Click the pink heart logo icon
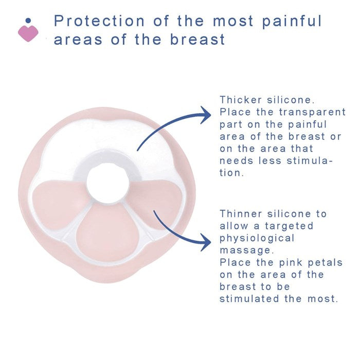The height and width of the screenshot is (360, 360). click(x=28, y=33)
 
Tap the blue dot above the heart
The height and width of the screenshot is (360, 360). click(x=28, y=21)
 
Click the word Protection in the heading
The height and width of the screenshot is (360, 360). click(x=99, y=21)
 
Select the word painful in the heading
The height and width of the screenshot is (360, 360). click(x=292, y=22)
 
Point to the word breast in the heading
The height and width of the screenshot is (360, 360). click(x=197, y=39)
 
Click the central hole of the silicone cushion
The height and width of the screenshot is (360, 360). click(x=107, y=183)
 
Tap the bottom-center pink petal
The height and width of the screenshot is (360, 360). click(x=107, y=234)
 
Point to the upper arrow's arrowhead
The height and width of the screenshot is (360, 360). click(x=206, y=115)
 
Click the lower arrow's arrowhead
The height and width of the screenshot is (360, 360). click(x=206, y=242)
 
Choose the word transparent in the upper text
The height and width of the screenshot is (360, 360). click(x=312, y=112)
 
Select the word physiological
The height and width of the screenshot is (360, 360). click(x=257, y=238)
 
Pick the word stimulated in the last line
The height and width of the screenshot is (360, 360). click(x=249, y=299)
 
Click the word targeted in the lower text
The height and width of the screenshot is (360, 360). click(x=289, y=226)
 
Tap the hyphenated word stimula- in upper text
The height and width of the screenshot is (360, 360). click(x=310, y=160)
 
